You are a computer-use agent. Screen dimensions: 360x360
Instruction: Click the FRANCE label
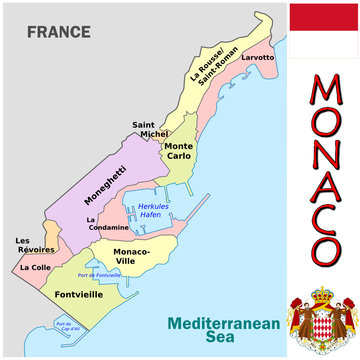(x=58, y=32)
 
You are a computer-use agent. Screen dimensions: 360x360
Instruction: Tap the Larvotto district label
(x=257, y=57)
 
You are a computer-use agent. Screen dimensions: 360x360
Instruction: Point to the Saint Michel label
(x=151, y=129)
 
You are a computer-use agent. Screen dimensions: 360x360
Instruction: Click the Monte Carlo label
(x=179, y=151)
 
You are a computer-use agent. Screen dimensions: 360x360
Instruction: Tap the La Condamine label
(x=107, y=224)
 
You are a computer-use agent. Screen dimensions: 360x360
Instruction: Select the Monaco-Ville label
(x=131, y=255)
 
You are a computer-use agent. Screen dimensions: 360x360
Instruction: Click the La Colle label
(x=35, y=268)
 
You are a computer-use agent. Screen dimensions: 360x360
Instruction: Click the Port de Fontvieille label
(x=110, y=275)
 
